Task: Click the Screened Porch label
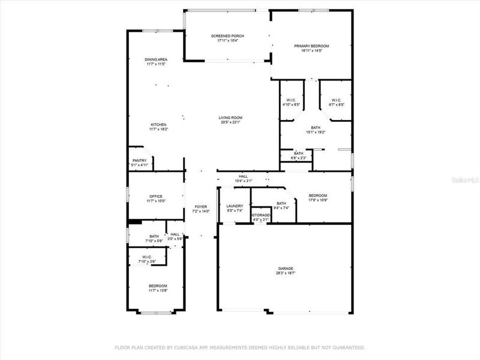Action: pyautogui.click(x=227, y=36)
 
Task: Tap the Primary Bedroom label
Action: pyautogui.click(x=311, y=46)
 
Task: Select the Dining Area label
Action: pyautogui.click(x=156, y=59)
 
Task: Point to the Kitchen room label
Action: pyautogui.click(x=158, y=124)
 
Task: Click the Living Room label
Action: pyautogui.click(x=230, y=118)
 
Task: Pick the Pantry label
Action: pyautogui.click(x=140, y=160)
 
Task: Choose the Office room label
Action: pyautogui.click(x=156, y=196)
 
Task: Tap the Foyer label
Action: pyautogui.click(x=200, y=206)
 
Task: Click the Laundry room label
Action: pyautogui.click(x=234, y=206)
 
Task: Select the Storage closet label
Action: pyautogui.click(x=261, y=215)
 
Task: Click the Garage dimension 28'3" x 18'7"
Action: pyautogui.click(x=286, y=273)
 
